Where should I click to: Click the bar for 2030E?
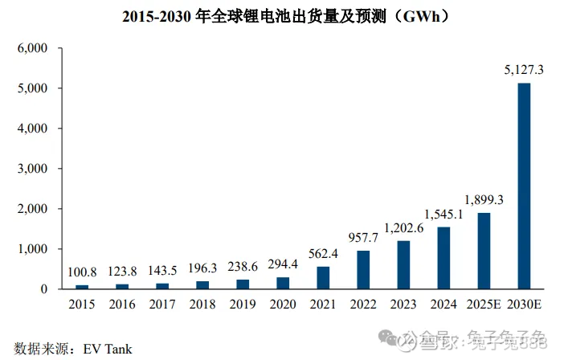tap(524, 186)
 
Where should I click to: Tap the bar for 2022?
tap(363, 270)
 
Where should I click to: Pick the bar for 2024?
tap(443, 258)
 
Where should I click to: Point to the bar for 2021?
tap(323, 278)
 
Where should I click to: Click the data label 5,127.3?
tap(524, 71)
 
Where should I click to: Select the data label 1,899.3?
tap(484, 199)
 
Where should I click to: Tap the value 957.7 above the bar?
tap(363, 239)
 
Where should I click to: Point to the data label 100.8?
tap(82, 273)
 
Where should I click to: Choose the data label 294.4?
tap(283, 265)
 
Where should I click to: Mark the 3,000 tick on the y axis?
tap(33, 169)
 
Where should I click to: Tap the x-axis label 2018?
tap(202, 305)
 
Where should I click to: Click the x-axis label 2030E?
tap(524, 305)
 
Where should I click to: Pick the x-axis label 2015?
tap(82, 305)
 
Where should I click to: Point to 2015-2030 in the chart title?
tap(156, 16)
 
